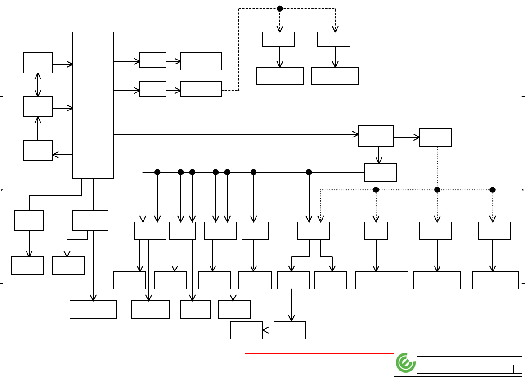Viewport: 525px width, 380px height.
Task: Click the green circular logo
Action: tap(406, 362)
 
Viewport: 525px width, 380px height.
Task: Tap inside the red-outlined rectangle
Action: tap(319, 365)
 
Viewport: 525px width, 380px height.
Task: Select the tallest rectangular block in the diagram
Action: tap(93, 105)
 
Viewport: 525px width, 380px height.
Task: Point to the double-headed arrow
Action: tap(38, 85)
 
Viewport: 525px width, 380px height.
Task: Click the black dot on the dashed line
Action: tap(280, 9)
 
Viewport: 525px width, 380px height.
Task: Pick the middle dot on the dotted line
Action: tap(437, 190)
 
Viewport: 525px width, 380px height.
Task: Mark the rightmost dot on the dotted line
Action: tap(493, 190)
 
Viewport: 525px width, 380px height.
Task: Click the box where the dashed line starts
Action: tap(201, 89)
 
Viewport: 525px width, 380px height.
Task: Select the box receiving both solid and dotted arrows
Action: tap(313, 230)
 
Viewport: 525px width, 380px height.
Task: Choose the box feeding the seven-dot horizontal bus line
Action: tap(380, 172)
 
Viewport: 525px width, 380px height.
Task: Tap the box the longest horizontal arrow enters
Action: tap(376, 136)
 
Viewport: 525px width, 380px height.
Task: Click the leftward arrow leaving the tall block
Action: tap(63, 155)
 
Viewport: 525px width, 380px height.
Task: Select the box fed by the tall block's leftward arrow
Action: tap(38, 150)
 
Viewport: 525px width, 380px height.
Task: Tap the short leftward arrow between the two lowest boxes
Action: tap(268, 330)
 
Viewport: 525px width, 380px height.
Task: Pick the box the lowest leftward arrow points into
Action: tap(246, 330)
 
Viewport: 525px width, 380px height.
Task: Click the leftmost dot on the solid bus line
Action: tap(157, 172)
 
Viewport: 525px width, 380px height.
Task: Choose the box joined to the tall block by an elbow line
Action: tap(29, 220)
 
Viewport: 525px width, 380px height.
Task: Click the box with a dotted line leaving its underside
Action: tap(435, 137)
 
